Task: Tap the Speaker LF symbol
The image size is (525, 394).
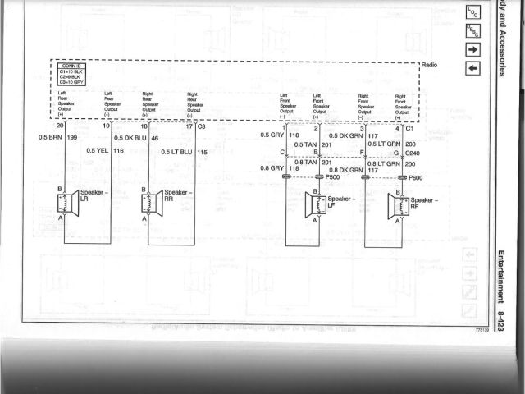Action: [313, 204]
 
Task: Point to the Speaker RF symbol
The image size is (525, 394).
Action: [397, 204]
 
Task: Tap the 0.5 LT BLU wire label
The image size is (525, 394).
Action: [176, 152]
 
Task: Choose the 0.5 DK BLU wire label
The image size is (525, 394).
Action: [130, 137]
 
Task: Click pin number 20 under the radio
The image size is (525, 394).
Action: [60, 126]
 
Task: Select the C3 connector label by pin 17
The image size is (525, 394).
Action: [201, 126]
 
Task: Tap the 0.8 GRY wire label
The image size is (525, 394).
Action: [271, 168]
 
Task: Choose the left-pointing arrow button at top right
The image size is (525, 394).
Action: [474, 66]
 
